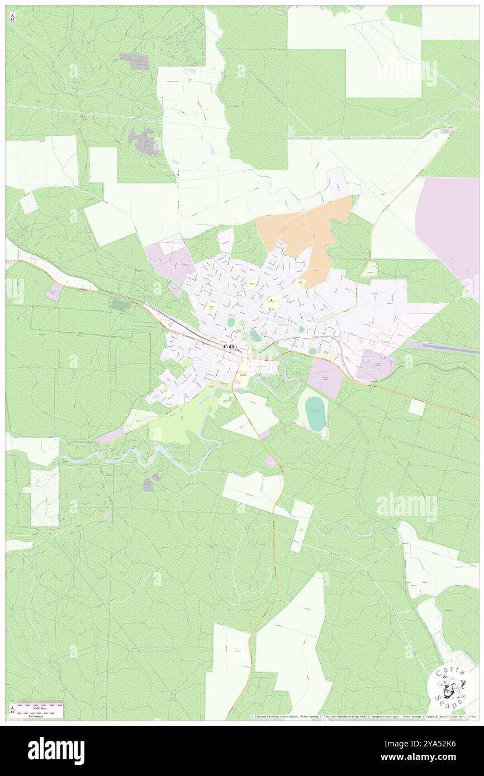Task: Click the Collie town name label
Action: [230, 347]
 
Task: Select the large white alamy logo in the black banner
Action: [56, 750]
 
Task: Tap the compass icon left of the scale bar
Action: [12, 710]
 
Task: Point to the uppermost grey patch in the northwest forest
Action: [138, 61]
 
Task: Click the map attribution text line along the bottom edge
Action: [363, 716]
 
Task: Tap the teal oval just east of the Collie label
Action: [255, 335]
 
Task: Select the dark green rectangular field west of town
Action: [121, 305]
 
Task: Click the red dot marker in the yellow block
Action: [272, 301]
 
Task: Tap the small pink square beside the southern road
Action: [271, 461]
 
